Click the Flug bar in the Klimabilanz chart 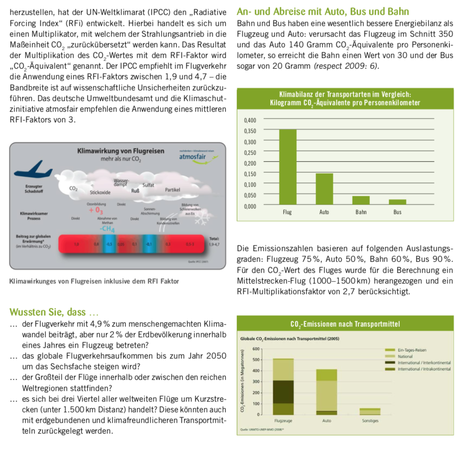(287, 167)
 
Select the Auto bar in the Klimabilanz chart (324, 189)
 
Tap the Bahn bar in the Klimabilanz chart (361, 200)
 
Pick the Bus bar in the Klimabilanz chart (397, 201)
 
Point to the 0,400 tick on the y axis (249, 120)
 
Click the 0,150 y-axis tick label (249, 174)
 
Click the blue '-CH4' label (107, 228)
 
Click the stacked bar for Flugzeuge (283, 387)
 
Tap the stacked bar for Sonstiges (370, 411)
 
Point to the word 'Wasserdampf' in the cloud (122, 182)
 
